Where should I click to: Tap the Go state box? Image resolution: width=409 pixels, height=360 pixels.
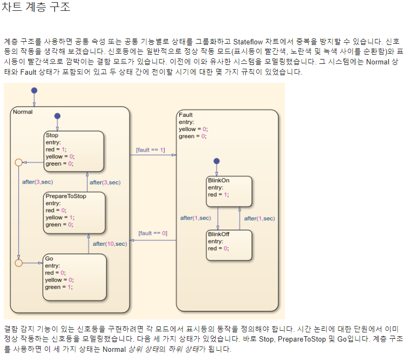click(x=74, y=276)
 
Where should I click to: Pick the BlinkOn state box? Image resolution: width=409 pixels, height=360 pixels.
click(x=229, y=191)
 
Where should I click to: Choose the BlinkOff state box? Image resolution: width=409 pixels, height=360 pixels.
click(x=229, y=245)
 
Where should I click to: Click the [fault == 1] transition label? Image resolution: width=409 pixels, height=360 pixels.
click(x=150, y=149)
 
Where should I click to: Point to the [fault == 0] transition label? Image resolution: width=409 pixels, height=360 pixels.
click(x=152, y=233)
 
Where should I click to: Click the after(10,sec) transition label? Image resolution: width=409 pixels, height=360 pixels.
click(x=109, y=244)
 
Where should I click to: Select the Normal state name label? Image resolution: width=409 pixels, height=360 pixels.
click(x=23, y=112)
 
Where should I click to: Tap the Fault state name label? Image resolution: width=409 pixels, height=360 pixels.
click(x=185, y=115)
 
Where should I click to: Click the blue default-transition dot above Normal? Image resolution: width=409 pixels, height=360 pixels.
click(x=34, y=90)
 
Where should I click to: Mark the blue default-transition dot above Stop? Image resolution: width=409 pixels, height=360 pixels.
click(x=57, y=116)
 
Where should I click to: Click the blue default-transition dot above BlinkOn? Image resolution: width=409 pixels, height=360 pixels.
click(x=217, y=161)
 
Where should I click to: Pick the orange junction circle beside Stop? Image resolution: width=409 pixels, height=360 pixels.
click(x=18, y=162)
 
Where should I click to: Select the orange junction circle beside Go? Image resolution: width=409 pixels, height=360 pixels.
click(x=18, y=263)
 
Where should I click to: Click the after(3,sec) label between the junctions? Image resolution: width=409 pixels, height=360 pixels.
click(x=37, y=182)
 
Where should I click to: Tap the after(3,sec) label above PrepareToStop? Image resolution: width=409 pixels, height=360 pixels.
click(x=105, y=182)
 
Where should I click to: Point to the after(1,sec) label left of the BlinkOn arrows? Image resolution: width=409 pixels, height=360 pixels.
click(x=195, y=218)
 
